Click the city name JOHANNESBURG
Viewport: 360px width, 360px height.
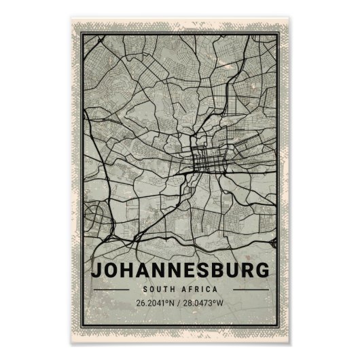tap(179, 269)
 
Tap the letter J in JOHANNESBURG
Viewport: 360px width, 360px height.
tap(96, 269)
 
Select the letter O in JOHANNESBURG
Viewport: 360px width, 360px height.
tap(111, 269)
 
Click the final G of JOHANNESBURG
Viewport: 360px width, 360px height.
tap(262, 269)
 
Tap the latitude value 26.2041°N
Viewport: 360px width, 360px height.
tap(154, 302)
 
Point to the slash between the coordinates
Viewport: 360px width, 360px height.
tap(180, 302)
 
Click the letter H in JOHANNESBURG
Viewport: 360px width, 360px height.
tap(127, 269)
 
